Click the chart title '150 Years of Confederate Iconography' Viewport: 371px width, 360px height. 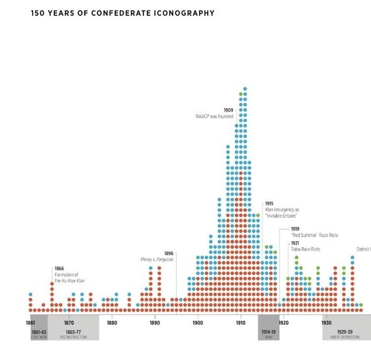pyautogui.click(x=123, y=13)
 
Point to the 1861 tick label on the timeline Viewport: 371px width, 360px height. pyautogui.click(x=30, y=322)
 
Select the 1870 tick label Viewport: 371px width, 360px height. pyautogui.click(x=69, y=322)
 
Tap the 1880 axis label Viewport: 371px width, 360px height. pyautogui.click(x=112, y=322)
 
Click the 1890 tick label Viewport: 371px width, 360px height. pyautogui.click(x=155, y=322)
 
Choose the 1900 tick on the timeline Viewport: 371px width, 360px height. pyautogui.click(x=197, y=322)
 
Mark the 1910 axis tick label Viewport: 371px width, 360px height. pyautogui.click(x=240, y=322)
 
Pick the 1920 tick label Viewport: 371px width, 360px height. pyautogui.click(x=283, y=322)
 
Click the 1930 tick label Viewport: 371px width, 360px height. pyautogui.click(x=325, y=322)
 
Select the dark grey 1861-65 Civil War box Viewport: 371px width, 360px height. pyautogui.click(x=39, y=333)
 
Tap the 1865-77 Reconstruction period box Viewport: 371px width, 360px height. pyautogui.click(x=73, y=333)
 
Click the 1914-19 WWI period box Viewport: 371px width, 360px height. pyautogui.click(x=269, y=333)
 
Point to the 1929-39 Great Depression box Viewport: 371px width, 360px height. pyautogui.click(x=345, y=333)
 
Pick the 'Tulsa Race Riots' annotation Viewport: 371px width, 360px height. pyautogui.click(x=306, y=249)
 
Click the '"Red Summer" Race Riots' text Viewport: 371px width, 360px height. pyautogui.click(x=314, y=235)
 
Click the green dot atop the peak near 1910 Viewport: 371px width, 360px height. pyautogui.click(x=241, y=94)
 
